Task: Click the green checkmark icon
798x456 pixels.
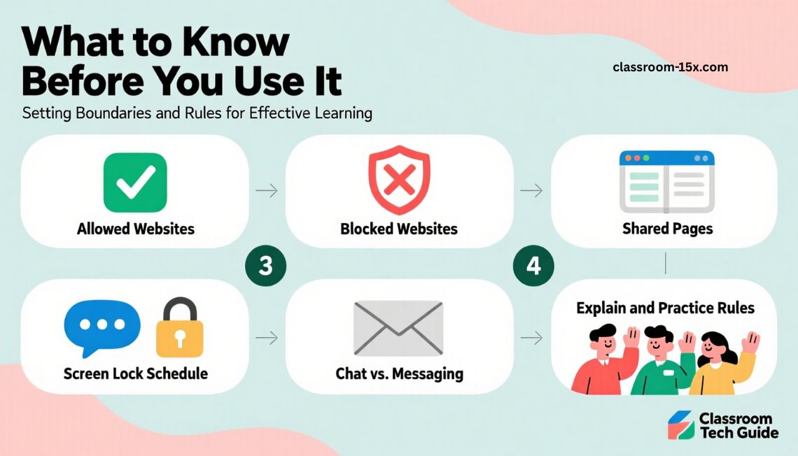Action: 135,183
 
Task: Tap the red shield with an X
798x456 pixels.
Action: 399,180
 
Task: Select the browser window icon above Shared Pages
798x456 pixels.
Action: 666,181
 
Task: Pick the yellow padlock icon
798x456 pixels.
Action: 179,327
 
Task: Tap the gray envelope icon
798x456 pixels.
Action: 398,328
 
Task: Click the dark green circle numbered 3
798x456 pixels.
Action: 266,265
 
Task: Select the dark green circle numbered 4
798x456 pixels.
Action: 533,265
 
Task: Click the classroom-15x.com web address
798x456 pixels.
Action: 671,67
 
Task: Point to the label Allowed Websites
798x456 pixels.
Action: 135,229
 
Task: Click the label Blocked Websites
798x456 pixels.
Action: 399,229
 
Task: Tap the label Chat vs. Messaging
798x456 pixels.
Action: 400,373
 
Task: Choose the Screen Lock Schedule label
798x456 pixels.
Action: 135,373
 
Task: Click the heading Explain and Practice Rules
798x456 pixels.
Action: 665,308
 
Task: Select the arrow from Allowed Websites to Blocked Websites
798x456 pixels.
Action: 267,191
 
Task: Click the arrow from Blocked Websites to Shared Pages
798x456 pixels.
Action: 531,191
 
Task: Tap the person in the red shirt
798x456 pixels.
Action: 605,361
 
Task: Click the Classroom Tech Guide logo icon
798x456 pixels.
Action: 681,425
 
